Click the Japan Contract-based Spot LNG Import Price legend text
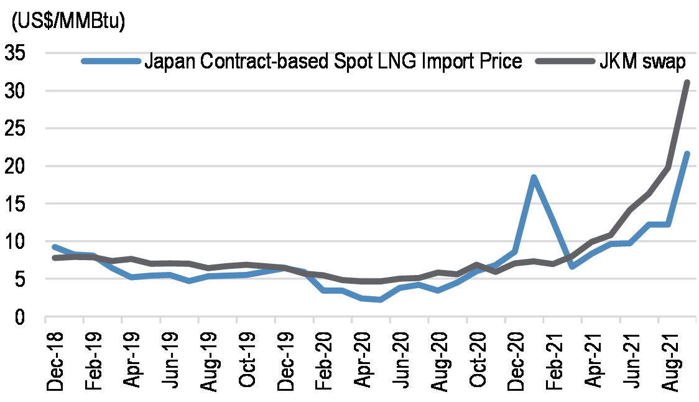point(333,61)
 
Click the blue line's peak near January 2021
point(534,177)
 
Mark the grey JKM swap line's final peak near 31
point(687,82)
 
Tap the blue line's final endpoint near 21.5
point(687,154)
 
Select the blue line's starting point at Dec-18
point(55,247)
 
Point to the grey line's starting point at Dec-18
point(55,258)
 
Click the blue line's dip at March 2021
point(572,266)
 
